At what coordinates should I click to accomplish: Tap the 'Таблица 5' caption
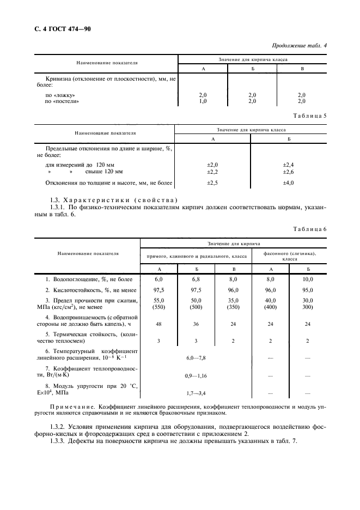pos(308,116)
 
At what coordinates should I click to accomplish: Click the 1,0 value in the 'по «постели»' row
pos(203,101)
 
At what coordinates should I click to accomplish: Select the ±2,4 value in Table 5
pos(288,164)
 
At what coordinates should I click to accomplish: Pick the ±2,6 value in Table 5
pos(288,172)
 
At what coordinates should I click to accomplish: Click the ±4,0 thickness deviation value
pos(288,183)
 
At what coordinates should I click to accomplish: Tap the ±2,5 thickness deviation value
pos(212,183)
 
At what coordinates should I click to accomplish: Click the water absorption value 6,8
pos(196,279)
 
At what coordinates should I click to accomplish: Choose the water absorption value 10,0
pos(308,279)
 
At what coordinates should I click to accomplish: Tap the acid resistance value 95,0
pos(308,290)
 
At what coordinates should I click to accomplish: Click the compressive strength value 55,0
pos(159,301)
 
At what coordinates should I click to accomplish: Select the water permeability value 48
pos(159,323)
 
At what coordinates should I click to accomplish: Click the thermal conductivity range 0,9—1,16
pos(196,375)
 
